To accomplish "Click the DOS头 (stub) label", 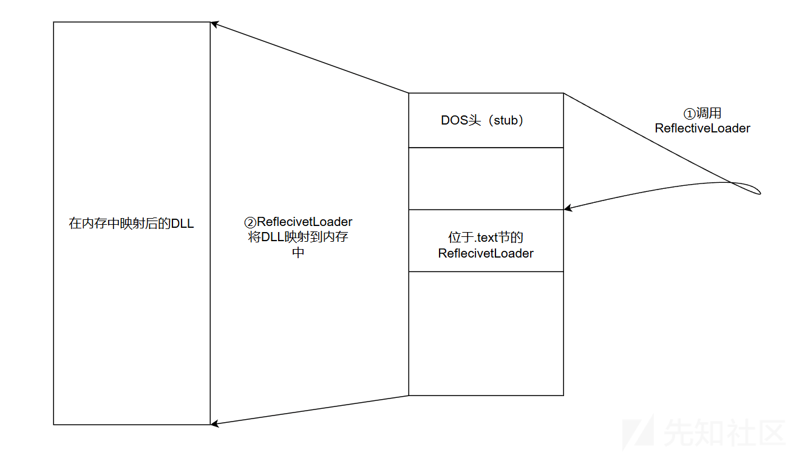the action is pos(482,120).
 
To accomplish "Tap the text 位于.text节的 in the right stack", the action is pos(486,238).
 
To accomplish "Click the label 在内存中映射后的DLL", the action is pos(131,224).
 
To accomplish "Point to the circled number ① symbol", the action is pos(689,114).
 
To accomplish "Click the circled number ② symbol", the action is pos(250,223).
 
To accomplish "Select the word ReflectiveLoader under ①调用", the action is pos(702,128).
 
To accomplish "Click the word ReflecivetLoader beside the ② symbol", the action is pos(305,222).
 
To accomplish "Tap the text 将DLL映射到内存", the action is pos(298,237).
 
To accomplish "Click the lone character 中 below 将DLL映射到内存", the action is pos(298,253).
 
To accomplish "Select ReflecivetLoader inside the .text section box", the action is pos(486,253).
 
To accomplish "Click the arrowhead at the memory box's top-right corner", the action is pos(214,24).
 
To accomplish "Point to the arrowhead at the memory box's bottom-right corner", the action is pos(214,424).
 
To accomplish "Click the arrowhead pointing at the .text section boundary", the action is pos(568,208).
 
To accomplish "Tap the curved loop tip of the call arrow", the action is pos(759,193).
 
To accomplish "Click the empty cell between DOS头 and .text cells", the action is pos(486,179).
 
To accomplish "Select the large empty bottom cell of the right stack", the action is pos(486,334).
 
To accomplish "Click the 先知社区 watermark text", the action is pos(724,433).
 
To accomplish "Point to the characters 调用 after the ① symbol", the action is pos(709,114).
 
